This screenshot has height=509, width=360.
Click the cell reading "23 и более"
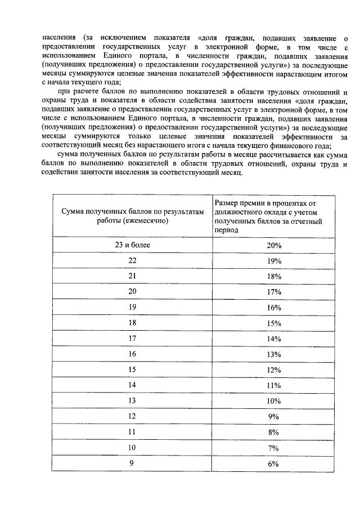point(132,245)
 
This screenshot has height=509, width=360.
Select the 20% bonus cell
point(273,245)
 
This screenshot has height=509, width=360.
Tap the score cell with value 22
point(132,260)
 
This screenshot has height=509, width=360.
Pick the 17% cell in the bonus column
point(273,291)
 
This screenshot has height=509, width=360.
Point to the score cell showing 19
point(132,307)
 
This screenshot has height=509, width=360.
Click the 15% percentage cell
point(273,323)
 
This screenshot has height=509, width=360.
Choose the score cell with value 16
point(132,354)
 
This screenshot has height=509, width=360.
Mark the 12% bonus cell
point(273,370)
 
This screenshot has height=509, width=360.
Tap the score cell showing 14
point(132,385)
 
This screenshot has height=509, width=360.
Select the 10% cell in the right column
point(273,400)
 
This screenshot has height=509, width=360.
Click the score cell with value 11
point(132,432)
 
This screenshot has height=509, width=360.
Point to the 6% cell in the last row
point(273,463)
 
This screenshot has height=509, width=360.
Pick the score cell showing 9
point(132,463)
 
